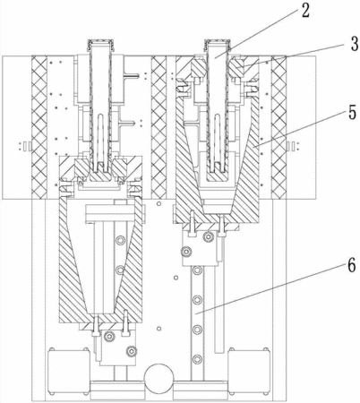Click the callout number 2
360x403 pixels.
point(305,12)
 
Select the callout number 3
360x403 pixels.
point(354,44)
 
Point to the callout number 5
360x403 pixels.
point(352,113)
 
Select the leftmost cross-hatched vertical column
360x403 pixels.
point(39,127)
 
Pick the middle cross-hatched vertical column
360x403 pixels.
point(159,127)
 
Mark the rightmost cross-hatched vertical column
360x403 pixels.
point(279,127)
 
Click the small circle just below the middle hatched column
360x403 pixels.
point(159,203)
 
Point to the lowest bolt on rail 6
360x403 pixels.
point(197,359)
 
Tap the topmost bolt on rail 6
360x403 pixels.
point(197,270)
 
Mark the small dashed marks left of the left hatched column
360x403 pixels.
point(25,146)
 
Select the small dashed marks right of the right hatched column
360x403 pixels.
point(293,146)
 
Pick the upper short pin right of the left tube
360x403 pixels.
point(132,75)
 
